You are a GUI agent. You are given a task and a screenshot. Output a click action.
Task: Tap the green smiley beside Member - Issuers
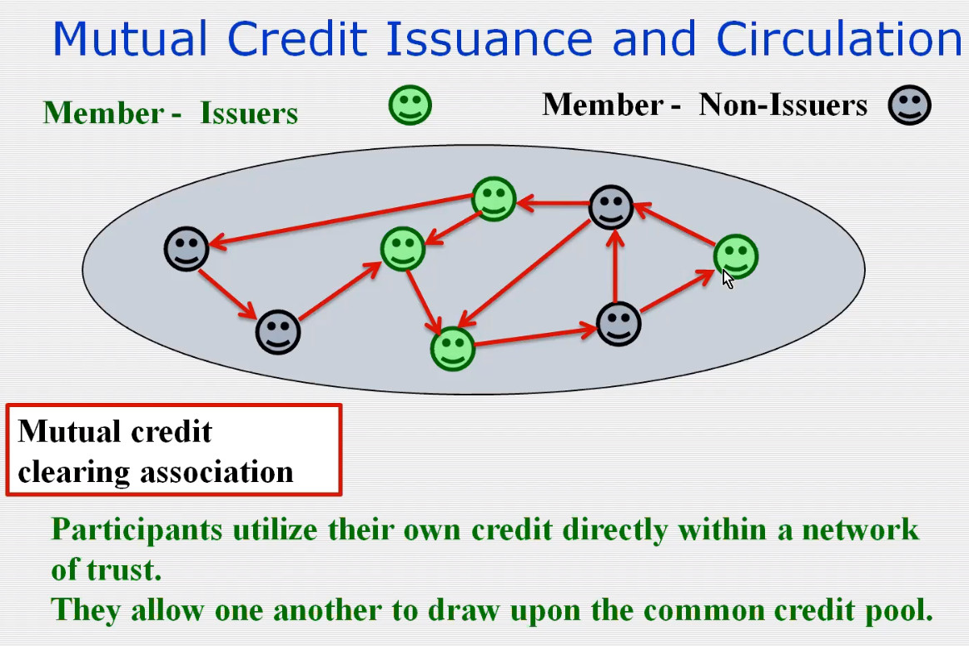tap(410, 105)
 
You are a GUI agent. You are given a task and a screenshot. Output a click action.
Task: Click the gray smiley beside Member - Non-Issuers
tap(910, 105)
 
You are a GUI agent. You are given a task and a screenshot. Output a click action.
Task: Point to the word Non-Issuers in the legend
tap(783, 104)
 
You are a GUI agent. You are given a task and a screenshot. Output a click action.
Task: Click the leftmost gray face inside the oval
tap(186, 249)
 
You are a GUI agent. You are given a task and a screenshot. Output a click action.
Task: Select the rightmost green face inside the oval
tap(735, 256)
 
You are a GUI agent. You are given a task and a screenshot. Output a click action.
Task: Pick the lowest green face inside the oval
tap(452, 349)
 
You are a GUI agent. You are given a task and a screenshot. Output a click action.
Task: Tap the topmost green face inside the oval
tap(494, 198)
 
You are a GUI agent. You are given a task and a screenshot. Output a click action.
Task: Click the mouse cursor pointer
tap(728, 279)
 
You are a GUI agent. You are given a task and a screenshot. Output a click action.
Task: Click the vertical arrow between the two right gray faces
tap(614, 266)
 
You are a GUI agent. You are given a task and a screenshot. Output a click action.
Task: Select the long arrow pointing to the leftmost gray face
tap(341, 221)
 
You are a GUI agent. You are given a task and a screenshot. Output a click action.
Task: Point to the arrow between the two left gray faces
tap(227, 294)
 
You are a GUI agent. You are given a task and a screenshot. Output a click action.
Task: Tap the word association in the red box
tap(216, 473)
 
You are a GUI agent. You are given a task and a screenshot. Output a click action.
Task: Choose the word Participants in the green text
tap(137, 530)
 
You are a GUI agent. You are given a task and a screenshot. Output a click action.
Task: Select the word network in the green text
tap(860, 529)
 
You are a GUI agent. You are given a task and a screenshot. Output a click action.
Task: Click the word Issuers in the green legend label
tap(249, 113)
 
